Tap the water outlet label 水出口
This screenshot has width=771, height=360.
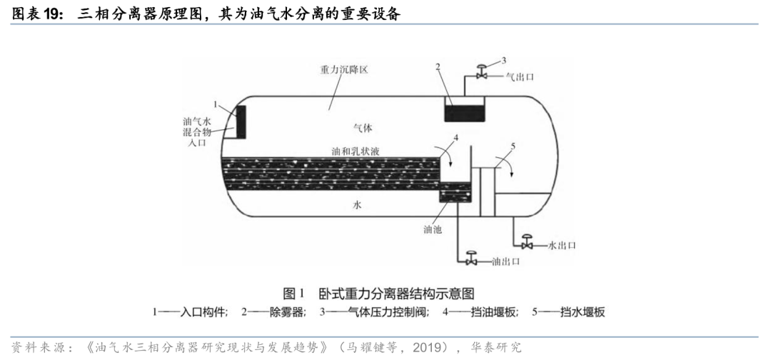click(x=561, y=245)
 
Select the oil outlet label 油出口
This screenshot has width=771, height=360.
click(x=504, y=261)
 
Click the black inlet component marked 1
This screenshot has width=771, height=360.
click(x=241, y=122)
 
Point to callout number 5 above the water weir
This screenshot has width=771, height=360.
click(x=512, y=146)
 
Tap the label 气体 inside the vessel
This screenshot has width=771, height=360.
click(x=363, y=128)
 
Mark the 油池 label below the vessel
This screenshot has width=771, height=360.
click(x=433, y=230)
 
